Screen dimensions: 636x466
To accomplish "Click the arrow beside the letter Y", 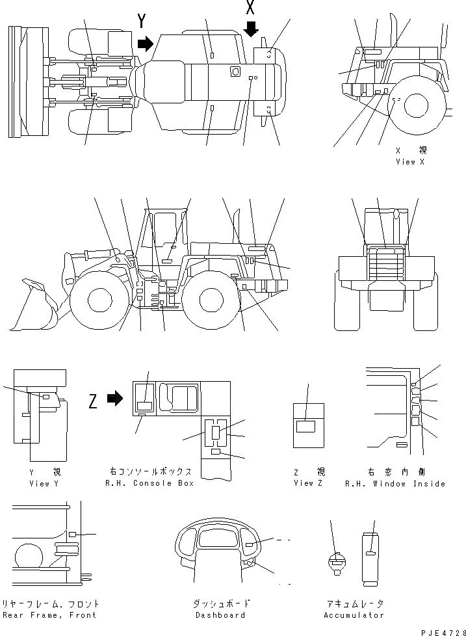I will pyautogui.click(x=146, y=44).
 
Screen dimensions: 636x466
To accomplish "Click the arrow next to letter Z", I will pyautogui.click(x=114, y=399).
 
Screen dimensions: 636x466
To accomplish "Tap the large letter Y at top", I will pyautogui.click(x=142, y=21).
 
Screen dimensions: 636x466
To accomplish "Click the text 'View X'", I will pyautogui.click(x=409, y=161).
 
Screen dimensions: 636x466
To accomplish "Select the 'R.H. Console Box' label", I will pyautogui.click(x=148, y=483).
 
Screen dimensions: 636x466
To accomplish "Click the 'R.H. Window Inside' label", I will pyautogui.click(x=395, y=484).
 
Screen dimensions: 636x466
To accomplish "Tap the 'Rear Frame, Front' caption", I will pyautogui.click(x=49, y=615).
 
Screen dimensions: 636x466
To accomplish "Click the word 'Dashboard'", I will pyautogui.click(x=221, y=615).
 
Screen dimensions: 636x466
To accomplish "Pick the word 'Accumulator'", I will pyautogui.click(x=353, y=615).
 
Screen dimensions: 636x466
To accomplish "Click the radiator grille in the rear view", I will pyautogui.click(x=385, y=267).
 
